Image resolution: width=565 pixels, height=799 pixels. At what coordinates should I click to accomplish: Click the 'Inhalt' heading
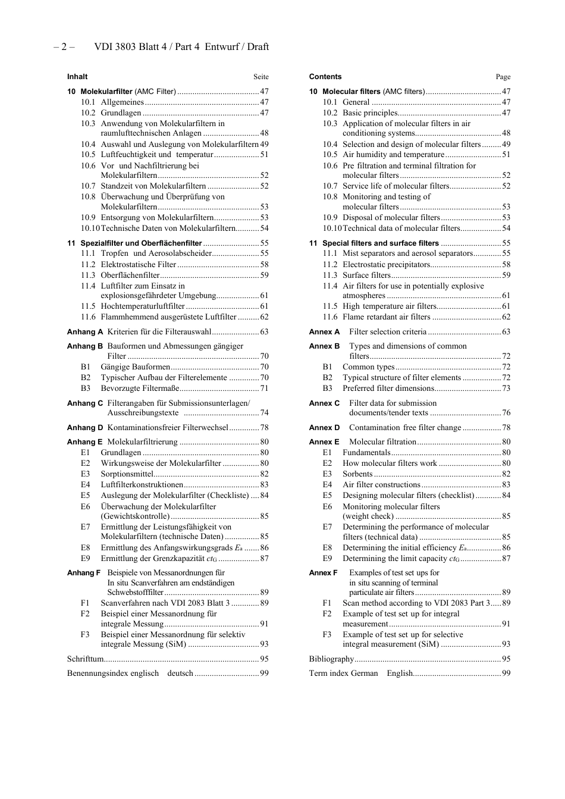click(x=77, y=77)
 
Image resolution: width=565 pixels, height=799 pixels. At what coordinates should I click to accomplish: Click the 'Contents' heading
click(x=325, y=77)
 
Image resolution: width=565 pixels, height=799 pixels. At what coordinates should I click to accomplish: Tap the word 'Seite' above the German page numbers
click(x=260, y=77)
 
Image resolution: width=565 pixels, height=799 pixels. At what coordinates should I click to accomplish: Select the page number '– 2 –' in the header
click(x=64, y=47)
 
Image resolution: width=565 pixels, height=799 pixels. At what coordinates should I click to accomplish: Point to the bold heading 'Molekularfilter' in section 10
click(x=106, y=92)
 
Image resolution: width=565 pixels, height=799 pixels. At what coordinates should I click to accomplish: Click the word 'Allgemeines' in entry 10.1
click(x=122, y=102)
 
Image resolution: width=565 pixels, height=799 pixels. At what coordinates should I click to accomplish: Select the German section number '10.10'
click(x=90, y=228)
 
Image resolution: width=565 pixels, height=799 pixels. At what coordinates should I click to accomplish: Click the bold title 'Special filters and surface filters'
click(x=381, y=243)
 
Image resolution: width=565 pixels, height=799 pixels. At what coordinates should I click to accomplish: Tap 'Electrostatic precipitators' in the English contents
click(x=386, y=265)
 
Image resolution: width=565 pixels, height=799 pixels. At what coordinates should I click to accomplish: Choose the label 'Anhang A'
click(x=85, y=332)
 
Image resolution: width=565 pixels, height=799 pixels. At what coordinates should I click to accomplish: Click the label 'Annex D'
click(x=325, y=428)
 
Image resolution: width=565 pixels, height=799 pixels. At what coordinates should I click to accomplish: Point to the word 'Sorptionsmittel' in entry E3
click(x=127, y=474)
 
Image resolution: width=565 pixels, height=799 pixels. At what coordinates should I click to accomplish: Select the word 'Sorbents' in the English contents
click(x=357, y=474)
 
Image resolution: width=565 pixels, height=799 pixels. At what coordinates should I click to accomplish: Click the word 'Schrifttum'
click(x=85, y=659)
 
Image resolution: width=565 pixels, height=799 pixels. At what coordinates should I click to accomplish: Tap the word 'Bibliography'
click(x=331, y=659)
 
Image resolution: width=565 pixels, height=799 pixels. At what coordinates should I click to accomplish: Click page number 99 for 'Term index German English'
click(x=506, y=673)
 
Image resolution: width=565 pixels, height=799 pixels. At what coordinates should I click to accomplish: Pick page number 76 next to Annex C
click(x=506, y=413)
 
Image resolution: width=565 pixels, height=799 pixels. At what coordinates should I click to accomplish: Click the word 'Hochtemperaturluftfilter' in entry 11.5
click(x=143, y=306)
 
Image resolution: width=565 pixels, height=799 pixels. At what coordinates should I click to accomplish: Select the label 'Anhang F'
click(x=84, y=573)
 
